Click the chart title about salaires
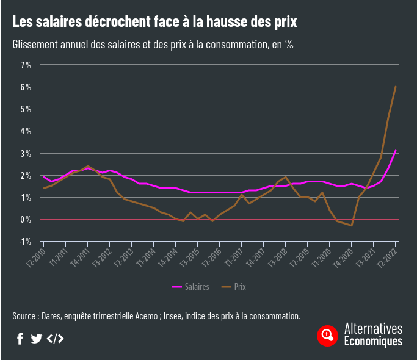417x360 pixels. tap(154, 23)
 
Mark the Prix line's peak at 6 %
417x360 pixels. tap(396, 87)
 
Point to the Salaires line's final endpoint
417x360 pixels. tap(396, 150)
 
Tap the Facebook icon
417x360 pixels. tap(20, 339)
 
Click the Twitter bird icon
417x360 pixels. tap(37, 339)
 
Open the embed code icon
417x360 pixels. tap(55, 339)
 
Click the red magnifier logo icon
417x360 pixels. tap(328, 335)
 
